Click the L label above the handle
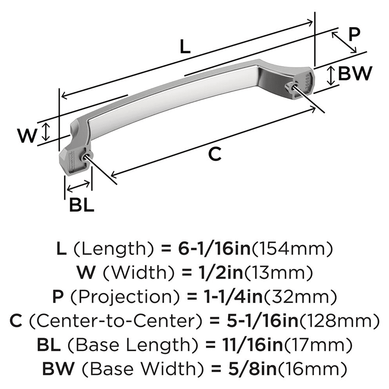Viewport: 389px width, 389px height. coord(186,47)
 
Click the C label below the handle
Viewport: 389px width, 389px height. coord(214,154)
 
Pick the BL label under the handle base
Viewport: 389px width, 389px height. coord(82,205)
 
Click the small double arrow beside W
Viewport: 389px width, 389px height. coord(46,131)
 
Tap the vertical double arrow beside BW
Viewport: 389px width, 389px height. coord(330,76)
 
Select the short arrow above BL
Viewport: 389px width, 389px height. coord(79,187)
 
